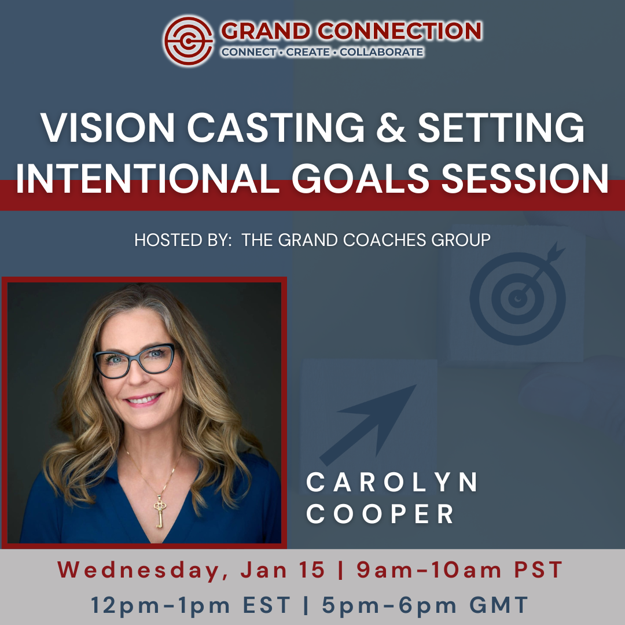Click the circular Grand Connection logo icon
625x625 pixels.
pos(189,40)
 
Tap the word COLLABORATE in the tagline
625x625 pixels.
pos(381,53)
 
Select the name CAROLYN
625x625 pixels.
pos(392,483)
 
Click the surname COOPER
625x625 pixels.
pos(380,514)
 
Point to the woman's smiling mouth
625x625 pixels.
pos(143,400)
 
